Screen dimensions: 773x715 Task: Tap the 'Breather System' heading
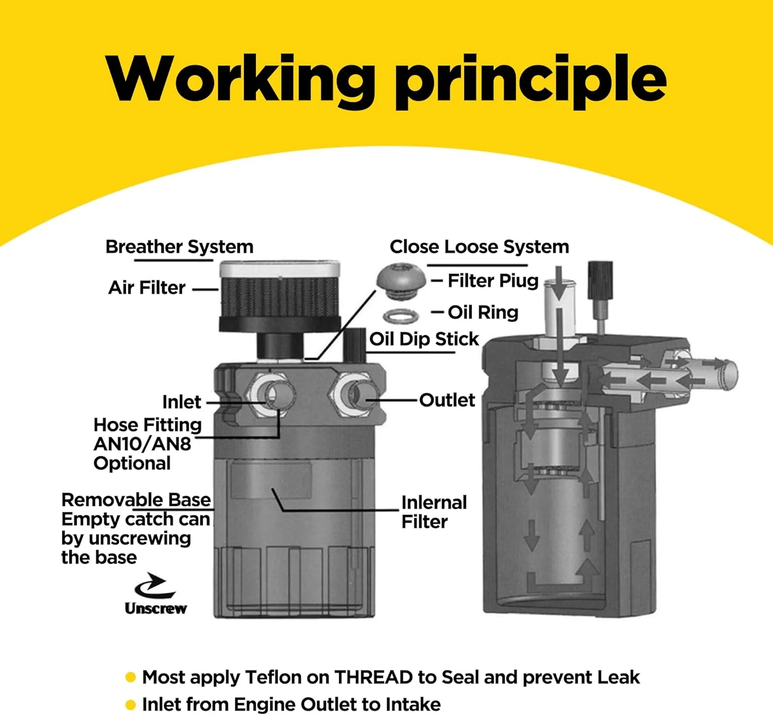tap(179, 247)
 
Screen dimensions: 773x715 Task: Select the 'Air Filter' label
tap(147, 288)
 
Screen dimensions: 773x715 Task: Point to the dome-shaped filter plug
tap(401, 282)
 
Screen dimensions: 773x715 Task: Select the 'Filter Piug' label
tap(493, 281)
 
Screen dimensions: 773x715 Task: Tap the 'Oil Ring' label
tap(483, 312)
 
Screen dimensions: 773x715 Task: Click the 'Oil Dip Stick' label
tap(424, 339)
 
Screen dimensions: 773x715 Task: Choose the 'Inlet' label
tap(181, 402)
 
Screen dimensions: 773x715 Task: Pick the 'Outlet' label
tap(447, 400)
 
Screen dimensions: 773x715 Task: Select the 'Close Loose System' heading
tap(479, 247)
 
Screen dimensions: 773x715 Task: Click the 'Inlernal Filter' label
tap(434, 512)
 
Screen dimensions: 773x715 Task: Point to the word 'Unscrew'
tap(156, 608)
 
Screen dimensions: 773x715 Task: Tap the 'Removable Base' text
tap(136, 500)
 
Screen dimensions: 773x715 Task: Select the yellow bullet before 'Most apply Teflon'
tap(131, 677)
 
